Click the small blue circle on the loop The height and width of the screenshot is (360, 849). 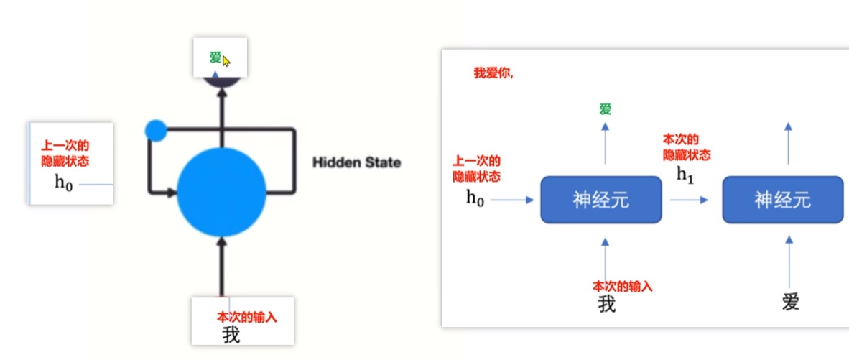click(155, 130)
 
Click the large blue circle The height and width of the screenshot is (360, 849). click(221, 192)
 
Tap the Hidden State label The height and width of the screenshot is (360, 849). click(356, 162)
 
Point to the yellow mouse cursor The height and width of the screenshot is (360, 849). click(226, 61)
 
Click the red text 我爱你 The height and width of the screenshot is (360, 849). click(493, 73)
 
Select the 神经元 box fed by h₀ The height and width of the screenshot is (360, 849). click(600, 200)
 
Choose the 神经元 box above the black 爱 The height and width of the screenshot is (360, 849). click(782, 200)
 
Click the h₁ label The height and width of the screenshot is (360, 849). click(686, 174)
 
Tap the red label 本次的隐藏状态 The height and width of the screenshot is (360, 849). click(687, 147)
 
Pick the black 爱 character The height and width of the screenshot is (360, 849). click(790, 301)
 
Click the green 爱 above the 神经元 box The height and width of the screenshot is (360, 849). click(606, 109)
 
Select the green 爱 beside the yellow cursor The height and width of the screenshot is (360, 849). click(215, 58)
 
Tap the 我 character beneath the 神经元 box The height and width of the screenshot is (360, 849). click(607, 304)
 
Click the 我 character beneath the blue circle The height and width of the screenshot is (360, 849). click(231, 334)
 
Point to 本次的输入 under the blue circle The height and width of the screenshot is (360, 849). click(246, 317)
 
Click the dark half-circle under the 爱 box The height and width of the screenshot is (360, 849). click(221, 82)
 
